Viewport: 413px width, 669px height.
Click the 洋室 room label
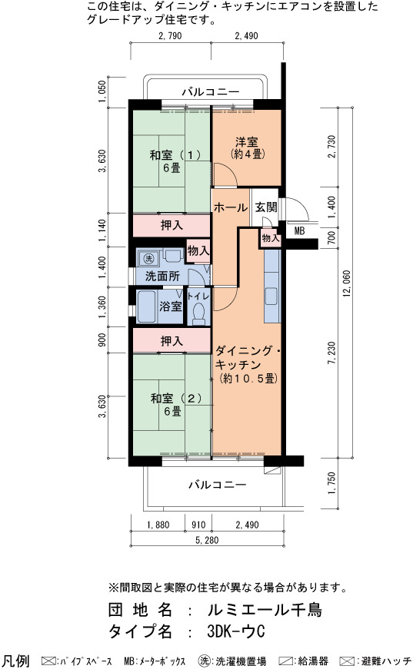[x=246, y=141]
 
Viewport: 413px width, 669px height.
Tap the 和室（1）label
[x=175, y=154]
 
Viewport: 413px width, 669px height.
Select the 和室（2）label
[x=175, y=398]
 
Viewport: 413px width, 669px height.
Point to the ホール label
[x=231, y=208]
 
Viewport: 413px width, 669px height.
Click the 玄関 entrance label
[x=266, y=207]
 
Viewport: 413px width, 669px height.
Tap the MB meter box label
[x=299, y=231]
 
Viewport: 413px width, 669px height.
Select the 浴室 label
[x=171, y=306]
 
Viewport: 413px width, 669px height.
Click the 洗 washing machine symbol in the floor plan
[x=148, y=259]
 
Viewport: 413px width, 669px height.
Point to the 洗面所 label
[x=162, y=276]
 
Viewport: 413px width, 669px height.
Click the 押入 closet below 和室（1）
[x=172, y=225]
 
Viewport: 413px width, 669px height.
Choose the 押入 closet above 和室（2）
[x=172, y=340]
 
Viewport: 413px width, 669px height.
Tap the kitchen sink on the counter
[x=271, y=296]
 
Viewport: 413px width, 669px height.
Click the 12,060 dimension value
[x=346, y=283]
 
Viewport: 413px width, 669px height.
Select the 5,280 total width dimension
[x=207, y=540]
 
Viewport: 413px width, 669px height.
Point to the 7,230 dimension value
[x=331, y=352]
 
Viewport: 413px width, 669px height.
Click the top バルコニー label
[x=211, y=91]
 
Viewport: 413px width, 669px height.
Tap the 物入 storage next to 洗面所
[x=198, y=250]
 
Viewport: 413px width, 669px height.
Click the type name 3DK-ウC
[x=236, y=631]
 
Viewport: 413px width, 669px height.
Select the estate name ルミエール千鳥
[x=265, y=610]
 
